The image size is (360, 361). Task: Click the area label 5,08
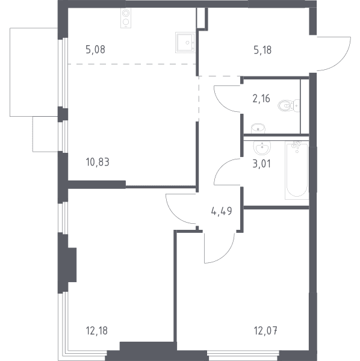pos(95,50)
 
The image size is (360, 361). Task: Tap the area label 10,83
pos(98,162)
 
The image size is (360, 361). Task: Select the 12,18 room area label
pos(97,330)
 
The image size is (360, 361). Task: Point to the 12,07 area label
pos(265,330)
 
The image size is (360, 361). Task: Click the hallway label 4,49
pos(222,211)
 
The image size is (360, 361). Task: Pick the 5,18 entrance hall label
pos(262,50)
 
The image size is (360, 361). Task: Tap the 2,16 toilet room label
pos(261,99)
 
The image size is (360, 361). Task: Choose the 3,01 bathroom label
pos(262,164)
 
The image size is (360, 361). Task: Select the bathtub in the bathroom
pos(296,170)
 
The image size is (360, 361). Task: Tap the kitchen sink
pos(185,43)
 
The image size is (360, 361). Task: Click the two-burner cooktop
pos(126,18)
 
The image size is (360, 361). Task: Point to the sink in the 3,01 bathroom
pos(262,147)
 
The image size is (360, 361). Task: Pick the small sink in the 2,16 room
pos(258,128)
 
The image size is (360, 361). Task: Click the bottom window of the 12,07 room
pos(243,354)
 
